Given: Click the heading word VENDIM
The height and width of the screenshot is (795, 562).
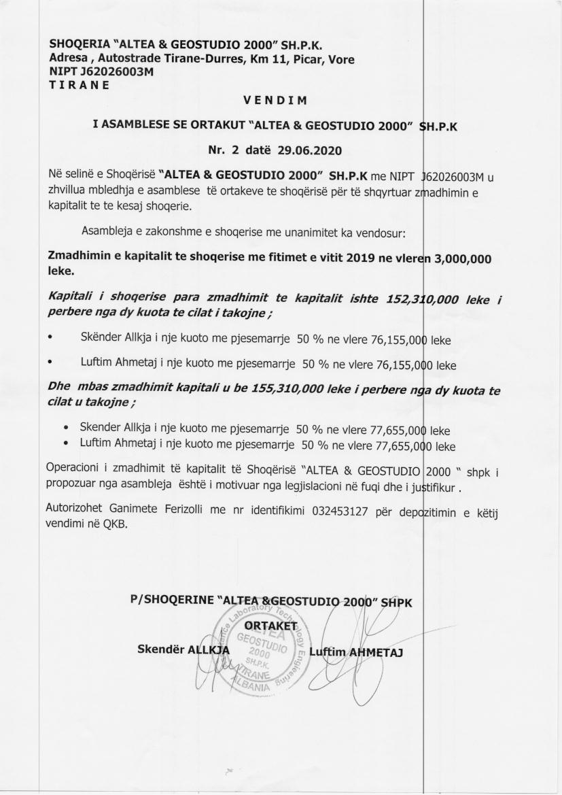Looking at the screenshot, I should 275,101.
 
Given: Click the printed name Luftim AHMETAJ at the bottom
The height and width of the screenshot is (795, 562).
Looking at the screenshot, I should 355,652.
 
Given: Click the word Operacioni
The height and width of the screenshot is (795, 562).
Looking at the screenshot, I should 74,471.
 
